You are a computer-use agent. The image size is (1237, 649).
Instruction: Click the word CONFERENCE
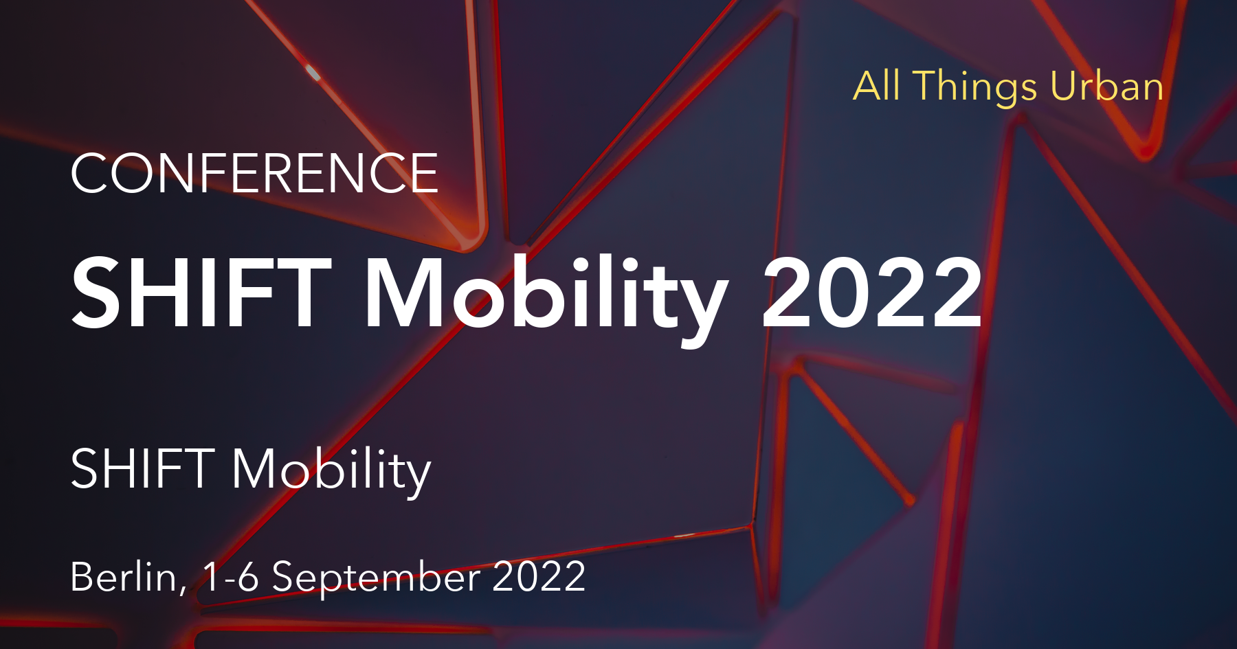[x=254, y=173]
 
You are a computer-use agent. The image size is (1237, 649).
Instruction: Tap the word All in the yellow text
[x=876, y=87]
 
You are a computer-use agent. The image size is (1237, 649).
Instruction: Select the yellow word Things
[x=976, y=88]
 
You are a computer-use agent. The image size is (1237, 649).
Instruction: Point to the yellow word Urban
[x=1107, y=87]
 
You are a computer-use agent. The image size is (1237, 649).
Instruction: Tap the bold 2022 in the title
[x=871, y=293]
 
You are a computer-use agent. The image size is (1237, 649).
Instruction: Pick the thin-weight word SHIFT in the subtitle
[x=143, y=469]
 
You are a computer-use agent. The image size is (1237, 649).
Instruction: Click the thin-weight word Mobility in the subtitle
[x=331, y=471]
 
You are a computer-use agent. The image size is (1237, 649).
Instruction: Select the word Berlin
[x=124, y=577]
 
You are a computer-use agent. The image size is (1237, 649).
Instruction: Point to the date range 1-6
[x=231, y=577]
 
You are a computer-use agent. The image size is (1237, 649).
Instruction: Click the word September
[x=376, y=578]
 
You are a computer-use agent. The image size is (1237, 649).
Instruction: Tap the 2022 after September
[x=539, y=577]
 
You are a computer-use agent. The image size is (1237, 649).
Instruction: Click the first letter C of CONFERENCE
[x=93, y=174]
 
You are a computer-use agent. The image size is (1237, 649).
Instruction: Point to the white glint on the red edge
[x=313, y=72]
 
